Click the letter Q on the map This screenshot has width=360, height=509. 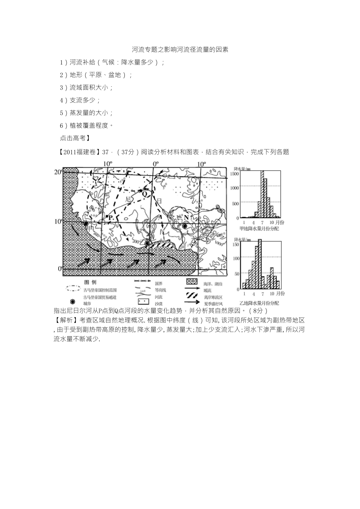144,194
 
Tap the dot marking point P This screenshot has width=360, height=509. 107,216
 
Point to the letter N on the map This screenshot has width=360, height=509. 186,217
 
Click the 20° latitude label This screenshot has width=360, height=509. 58,172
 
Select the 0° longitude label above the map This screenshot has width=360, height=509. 155,164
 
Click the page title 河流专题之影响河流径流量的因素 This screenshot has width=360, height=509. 180,50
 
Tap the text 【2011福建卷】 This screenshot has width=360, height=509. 79,152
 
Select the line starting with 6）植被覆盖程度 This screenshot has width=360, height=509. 86,125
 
